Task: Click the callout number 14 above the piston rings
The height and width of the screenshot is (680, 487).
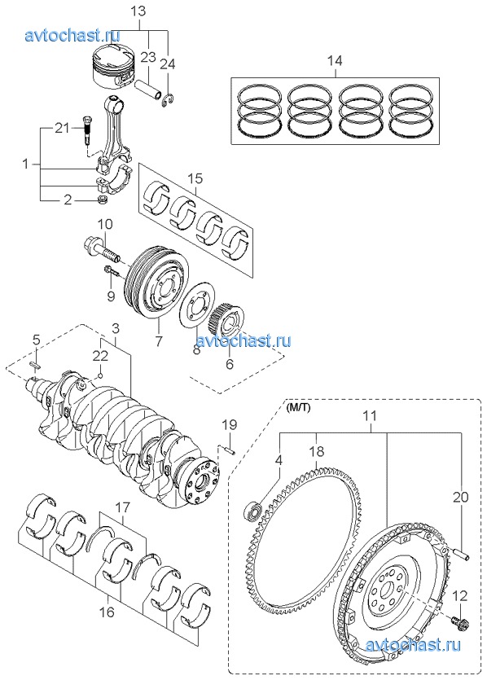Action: coord(335,60)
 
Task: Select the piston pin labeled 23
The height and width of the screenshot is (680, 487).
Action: coord(147,86)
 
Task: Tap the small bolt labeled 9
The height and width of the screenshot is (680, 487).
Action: coord(112,272)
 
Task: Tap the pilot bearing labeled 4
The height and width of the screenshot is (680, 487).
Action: coord(253,511)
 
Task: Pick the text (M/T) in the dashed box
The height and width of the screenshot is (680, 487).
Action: coord(298,408)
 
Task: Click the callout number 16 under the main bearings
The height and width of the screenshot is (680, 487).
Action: coord(107,612)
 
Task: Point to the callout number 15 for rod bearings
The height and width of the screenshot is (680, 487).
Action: coord(195,178)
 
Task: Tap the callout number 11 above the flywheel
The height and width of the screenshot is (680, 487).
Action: coord(370,415)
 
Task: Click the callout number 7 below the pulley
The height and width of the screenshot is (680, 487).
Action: coord(159,341)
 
